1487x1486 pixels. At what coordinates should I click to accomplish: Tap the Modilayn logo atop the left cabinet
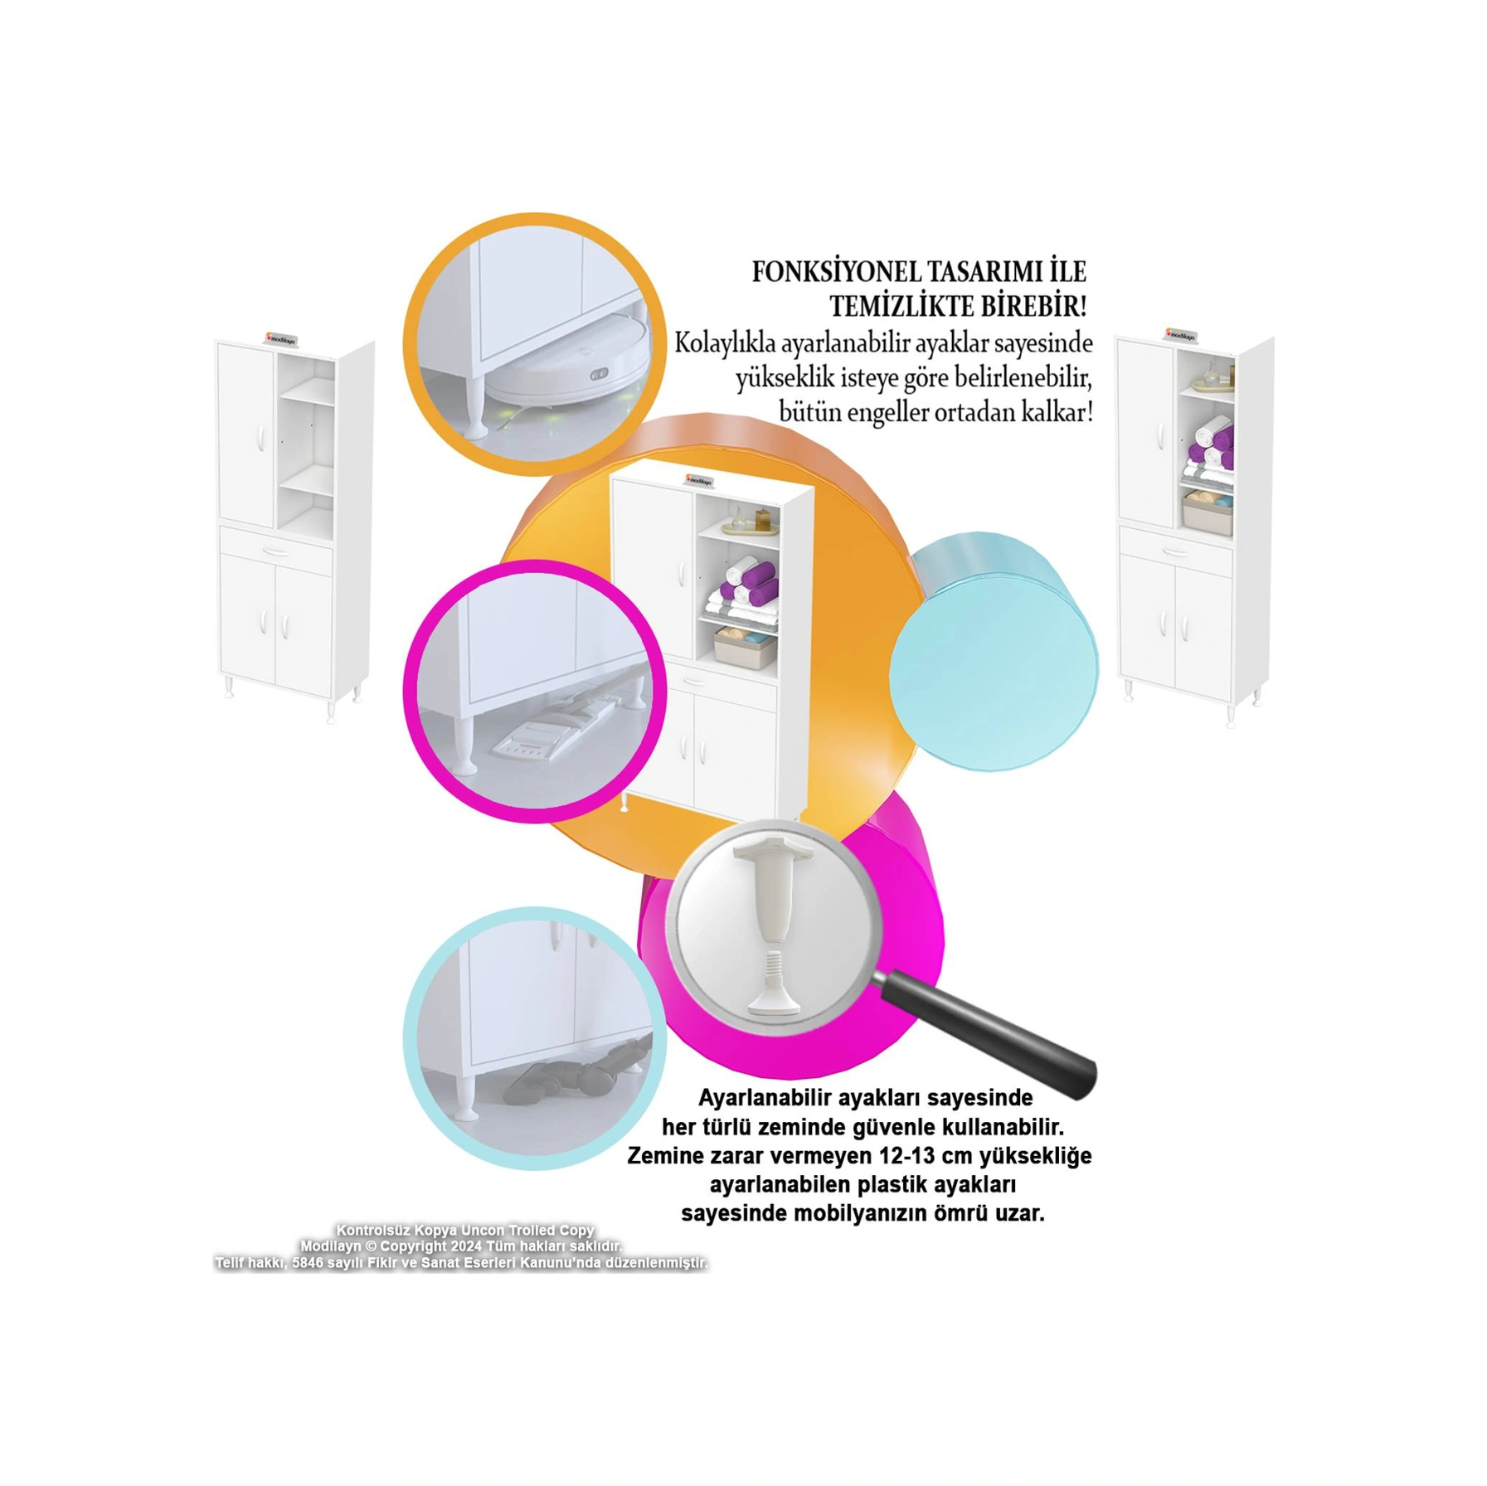(281, 338)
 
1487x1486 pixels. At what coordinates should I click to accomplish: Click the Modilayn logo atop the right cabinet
(1179, 334)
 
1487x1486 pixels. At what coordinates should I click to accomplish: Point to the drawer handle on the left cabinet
(275, 549)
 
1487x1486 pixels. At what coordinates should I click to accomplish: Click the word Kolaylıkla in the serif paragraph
(722, 343)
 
